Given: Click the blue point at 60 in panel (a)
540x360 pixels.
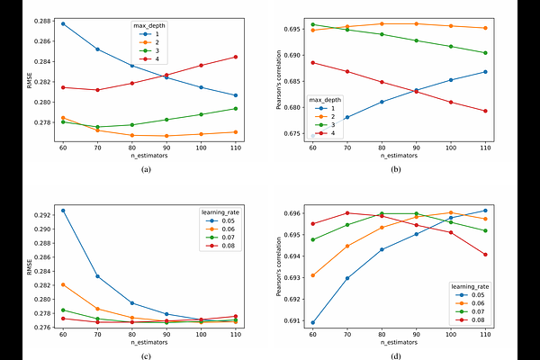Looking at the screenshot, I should [63, 23].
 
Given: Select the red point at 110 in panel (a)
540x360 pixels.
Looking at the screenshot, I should [236, 57].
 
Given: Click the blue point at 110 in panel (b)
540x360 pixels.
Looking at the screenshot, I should [485, 72].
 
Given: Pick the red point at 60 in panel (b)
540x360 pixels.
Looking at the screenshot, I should [312, 62].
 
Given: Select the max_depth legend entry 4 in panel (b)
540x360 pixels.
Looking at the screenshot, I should [332, 132].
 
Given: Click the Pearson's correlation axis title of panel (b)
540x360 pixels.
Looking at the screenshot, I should [281, 81].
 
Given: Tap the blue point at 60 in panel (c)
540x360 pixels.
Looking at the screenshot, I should [63, 211].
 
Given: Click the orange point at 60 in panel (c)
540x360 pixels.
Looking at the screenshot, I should [63, 284].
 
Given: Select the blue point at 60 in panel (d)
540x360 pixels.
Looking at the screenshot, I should [312, 322].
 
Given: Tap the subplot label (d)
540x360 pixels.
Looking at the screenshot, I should [396, 356].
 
